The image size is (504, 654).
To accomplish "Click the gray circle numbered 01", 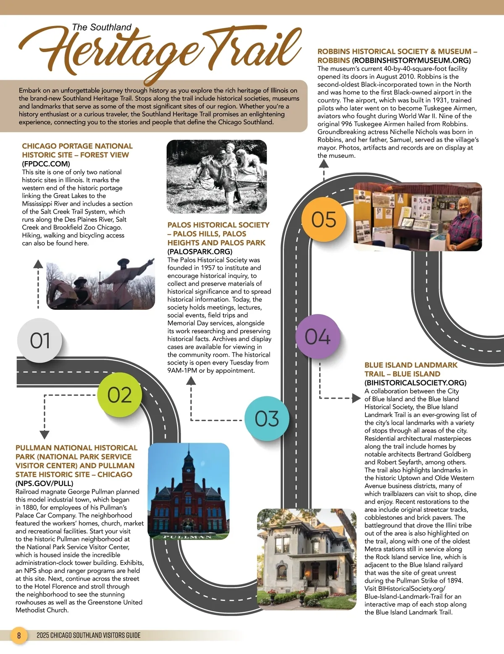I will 40,340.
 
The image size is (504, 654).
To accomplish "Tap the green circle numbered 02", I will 120,395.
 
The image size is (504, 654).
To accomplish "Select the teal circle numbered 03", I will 267,419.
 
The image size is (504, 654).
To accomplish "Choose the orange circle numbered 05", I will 324,219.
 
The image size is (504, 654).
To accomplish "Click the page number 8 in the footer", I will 19,635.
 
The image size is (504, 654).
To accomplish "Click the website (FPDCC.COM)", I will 46,164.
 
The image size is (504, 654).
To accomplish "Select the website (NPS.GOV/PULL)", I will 44,483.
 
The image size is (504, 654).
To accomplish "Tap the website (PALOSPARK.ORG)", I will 199,251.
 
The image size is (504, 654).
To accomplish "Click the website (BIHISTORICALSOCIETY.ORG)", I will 415,382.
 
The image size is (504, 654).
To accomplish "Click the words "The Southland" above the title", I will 102,27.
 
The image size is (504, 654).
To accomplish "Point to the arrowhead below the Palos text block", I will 191,381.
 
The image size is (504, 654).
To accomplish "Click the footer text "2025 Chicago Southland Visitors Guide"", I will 88,635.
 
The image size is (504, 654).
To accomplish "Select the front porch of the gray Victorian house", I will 294,577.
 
